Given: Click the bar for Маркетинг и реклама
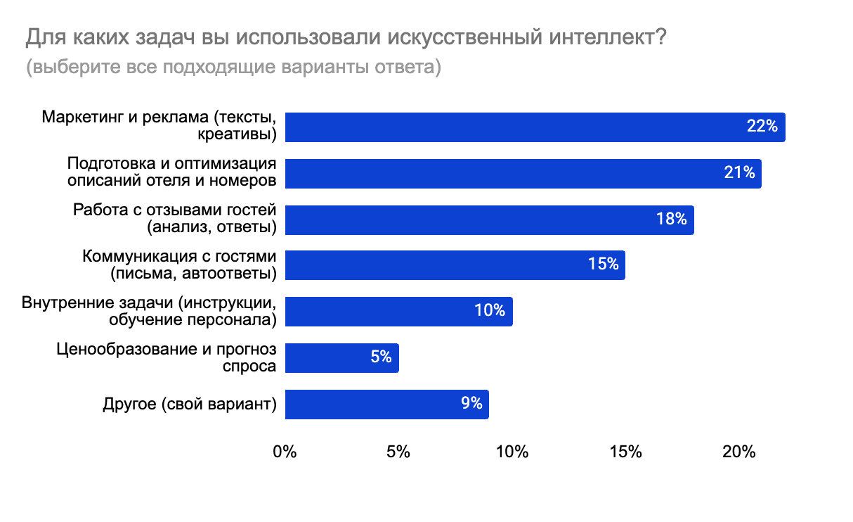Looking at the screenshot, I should (534, 127).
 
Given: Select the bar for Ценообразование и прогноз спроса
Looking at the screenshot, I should (341, 357).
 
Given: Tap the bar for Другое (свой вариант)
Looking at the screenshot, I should (386, 404).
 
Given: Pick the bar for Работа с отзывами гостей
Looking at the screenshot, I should (489, 219).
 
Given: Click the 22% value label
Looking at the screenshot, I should (762, 127).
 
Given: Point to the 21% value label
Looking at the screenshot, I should (739, 173).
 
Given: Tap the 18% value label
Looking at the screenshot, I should (671, 219).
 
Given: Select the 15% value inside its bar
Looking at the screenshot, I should (603, 265).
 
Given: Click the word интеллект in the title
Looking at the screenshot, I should (600, 37).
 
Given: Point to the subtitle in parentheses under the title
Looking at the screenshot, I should (233, 68).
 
